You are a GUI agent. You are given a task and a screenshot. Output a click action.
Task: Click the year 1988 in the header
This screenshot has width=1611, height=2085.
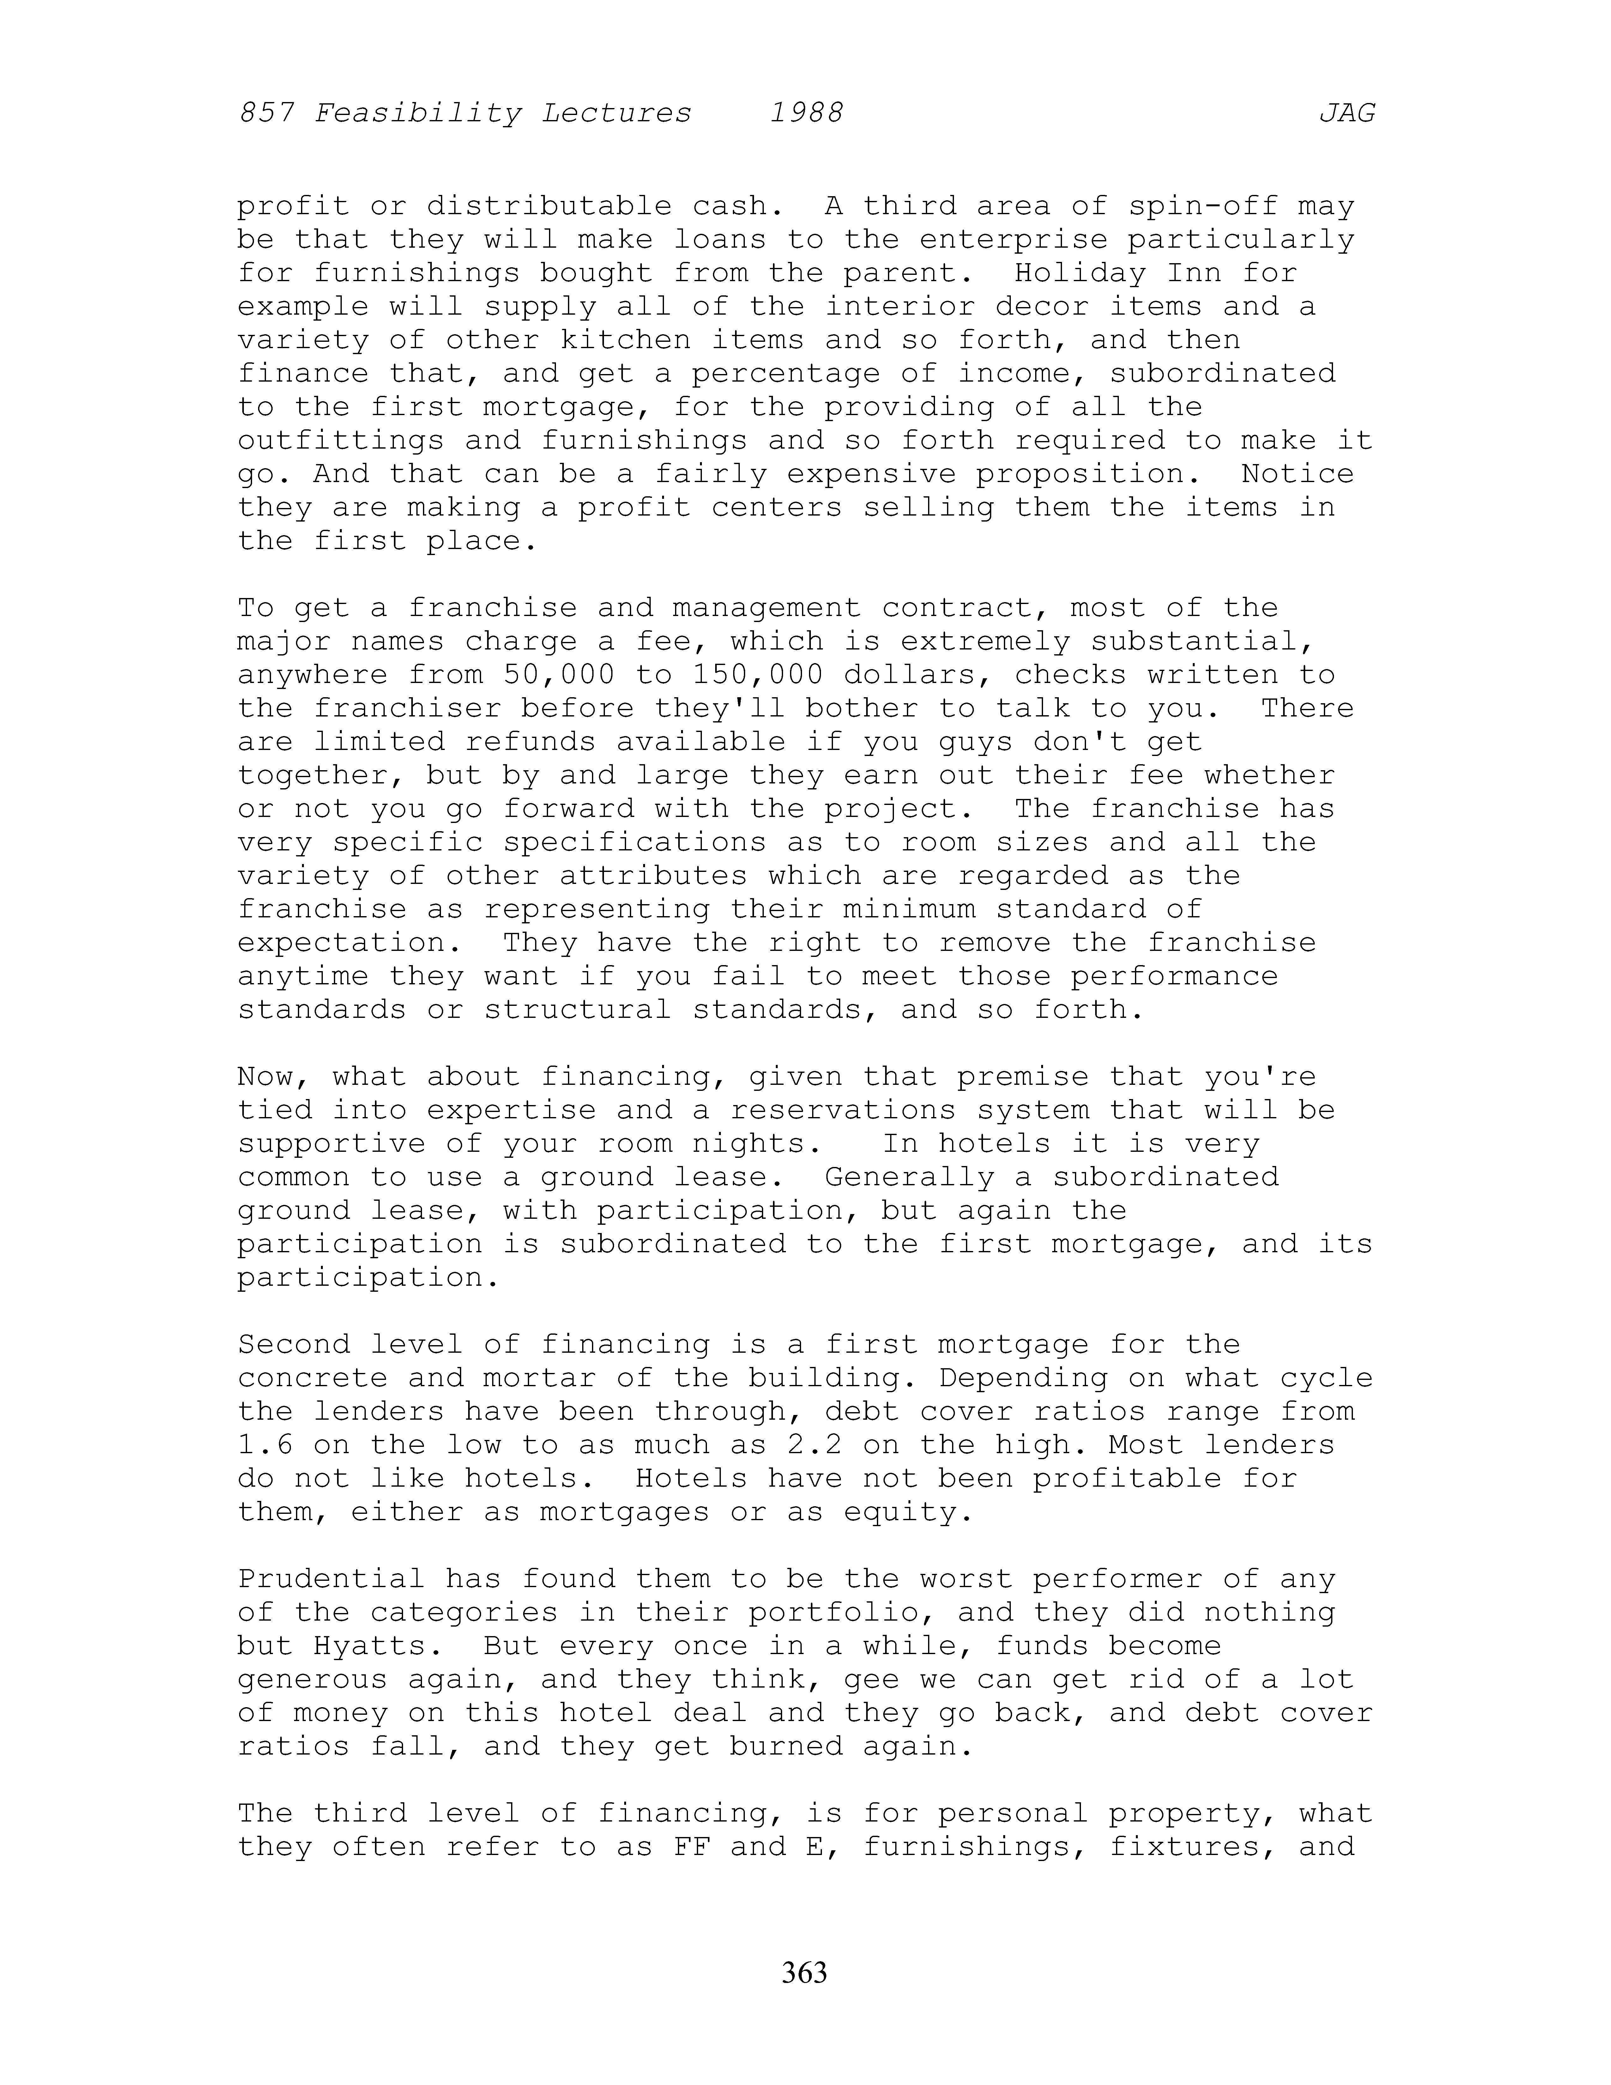click(x=806, y=114)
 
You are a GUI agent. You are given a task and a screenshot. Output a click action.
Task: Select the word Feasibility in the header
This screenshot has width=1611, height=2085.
click(x=418, y=114)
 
